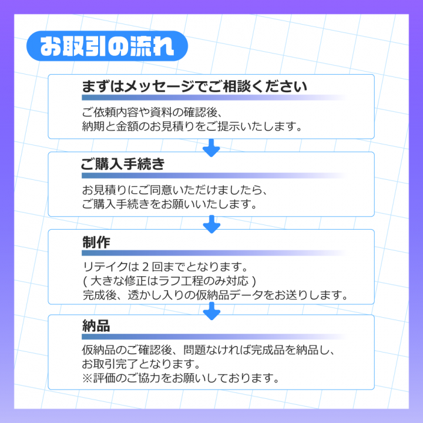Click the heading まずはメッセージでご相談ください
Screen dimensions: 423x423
(194, 87)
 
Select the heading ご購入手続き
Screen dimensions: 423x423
(123, 164)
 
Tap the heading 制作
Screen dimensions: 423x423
(96, 242)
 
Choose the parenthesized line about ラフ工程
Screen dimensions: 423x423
(170, 281)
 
